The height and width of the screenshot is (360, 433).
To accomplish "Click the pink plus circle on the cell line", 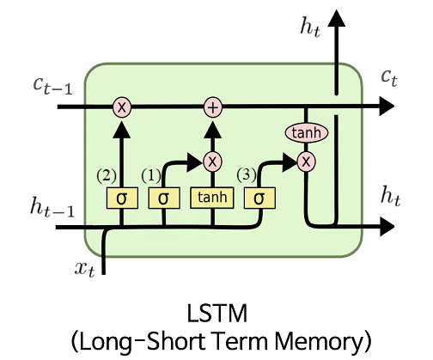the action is click(x=213, y=107).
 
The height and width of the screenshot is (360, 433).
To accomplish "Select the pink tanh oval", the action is click(x=307, y=132).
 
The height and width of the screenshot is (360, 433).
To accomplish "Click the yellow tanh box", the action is click(x=212, y=198).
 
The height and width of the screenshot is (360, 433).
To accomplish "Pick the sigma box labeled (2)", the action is click(x=122, y=198).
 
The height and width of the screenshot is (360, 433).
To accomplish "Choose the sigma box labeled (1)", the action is click(x=164, y=198).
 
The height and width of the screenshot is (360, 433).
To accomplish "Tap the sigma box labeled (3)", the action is click(x=259, y=198).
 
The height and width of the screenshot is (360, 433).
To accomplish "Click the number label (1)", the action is click(x=151, y=175).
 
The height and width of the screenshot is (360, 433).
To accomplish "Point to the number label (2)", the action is click(x=107, y=175).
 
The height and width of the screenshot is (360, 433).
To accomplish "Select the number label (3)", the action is click(x=247, y=174).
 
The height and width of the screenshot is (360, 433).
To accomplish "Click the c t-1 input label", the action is click(x=52, y=85).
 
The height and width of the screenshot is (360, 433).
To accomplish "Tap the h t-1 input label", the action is click(x=52, y=206).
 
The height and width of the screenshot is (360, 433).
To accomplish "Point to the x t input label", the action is click(x=84, y=269).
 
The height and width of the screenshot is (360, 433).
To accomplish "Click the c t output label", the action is click(x=389, y=77).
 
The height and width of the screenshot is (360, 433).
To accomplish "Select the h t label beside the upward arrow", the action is click(x=310, y=27).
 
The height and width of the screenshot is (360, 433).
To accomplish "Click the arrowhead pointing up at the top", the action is click(x=337, y=18).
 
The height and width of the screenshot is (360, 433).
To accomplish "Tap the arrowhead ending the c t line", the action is click(x=387, y=107).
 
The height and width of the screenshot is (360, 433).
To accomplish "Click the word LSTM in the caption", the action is click(x=216, y=314).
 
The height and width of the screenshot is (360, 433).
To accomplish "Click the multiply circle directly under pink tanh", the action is click(x=306, y=162).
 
